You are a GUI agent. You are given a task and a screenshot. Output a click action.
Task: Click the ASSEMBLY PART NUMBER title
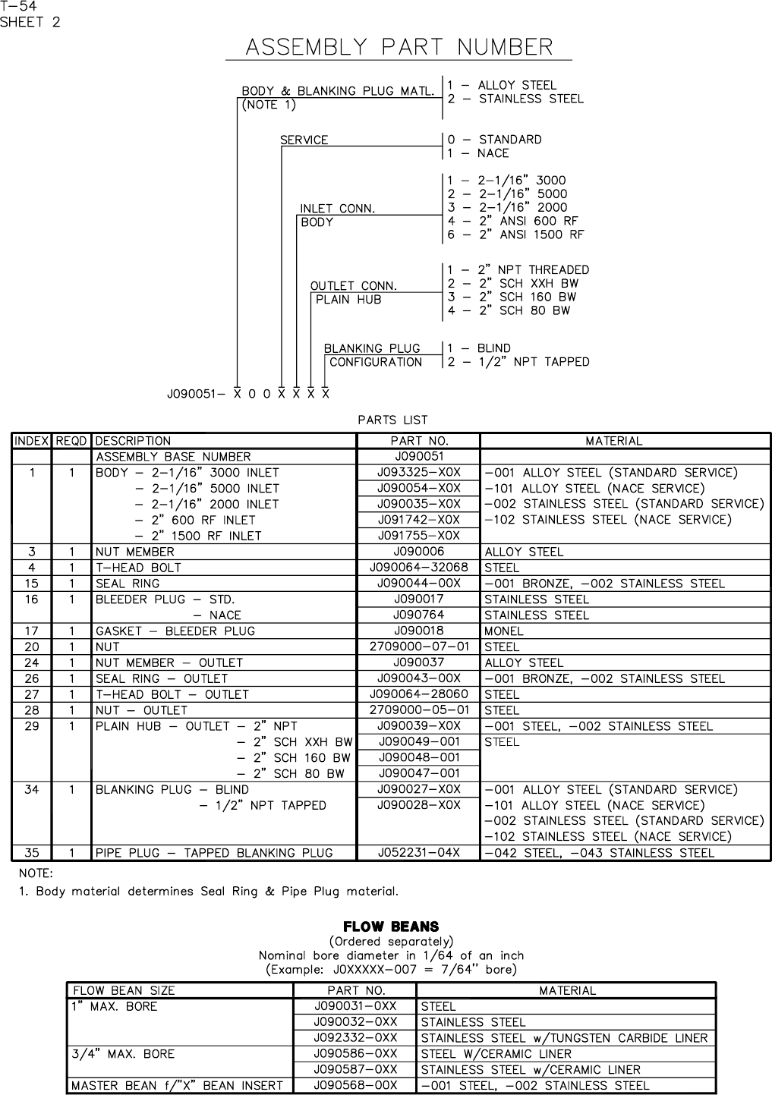coord(399,47)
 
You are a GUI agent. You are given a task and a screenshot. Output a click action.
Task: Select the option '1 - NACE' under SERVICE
coord(478,153)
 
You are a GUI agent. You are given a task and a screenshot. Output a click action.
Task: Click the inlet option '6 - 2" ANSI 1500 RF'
coord(515,235)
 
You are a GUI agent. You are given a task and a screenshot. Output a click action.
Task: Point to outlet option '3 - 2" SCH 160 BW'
coord(512,297)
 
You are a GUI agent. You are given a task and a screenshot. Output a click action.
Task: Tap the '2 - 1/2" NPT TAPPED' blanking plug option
coord(518,362)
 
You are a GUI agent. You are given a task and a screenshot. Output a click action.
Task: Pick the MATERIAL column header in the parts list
coord(613,441)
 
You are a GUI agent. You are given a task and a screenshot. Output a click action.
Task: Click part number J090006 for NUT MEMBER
coord(418,552)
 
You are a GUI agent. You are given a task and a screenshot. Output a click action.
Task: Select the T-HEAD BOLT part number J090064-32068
coord(418,568)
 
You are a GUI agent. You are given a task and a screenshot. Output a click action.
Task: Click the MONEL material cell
coord(504,631)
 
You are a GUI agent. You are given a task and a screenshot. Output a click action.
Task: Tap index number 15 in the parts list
coord(31,584)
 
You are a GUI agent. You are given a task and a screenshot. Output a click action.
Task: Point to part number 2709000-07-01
coord(418,647)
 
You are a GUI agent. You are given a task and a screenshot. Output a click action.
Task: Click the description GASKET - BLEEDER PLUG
coord(175,631)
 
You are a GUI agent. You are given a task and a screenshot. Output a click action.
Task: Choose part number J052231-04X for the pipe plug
coord(418,853)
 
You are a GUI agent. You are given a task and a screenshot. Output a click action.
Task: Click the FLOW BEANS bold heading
coord(391,927)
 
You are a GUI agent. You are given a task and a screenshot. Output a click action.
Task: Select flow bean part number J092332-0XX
coord(355,1038)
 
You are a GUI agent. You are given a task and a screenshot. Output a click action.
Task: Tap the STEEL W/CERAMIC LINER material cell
coord(496,1054)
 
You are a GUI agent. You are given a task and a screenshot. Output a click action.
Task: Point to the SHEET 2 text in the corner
coord(30,22)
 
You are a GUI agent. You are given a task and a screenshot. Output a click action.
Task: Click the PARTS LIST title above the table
coord(392,420)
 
